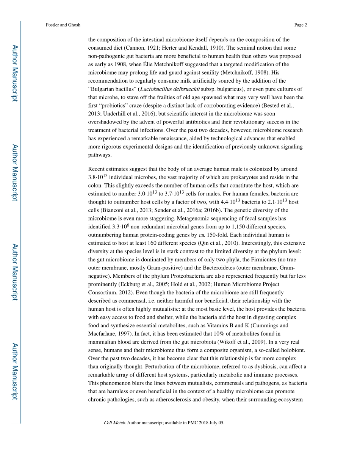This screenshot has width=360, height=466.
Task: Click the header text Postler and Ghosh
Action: [x=63, y=25]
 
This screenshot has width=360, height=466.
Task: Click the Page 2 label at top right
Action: [x=300, y=25]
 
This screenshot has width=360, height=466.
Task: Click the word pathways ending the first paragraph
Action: [x=100, y=155]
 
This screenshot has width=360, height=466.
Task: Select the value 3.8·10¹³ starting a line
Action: [x=98, y=177]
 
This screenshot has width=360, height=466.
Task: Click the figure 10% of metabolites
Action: [x=223, y=333]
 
